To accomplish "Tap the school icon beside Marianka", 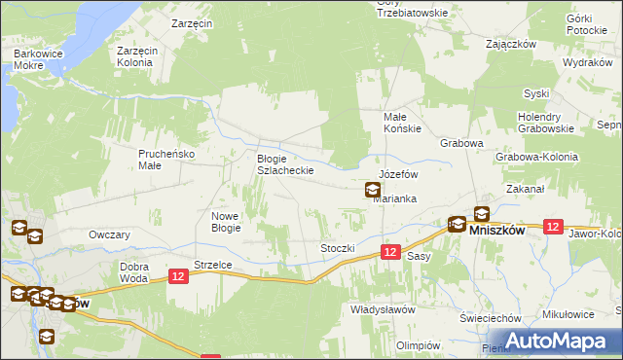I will pyautogui.click(x=373, y=191).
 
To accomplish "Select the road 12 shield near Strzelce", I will pyautogui.click(x=177, y=277).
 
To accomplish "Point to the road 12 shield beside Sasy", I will pyautogui.click(x=389, y=252).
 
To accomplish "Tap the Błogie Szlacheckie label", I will pyautogui.click(x=284, y=164).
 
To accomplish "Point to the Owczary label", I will pyautogui.click(x=109, y=234).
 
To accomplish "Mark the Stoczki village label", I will pyautogui.click(x=338, y=248).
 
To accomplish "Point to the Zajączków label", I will pyautogui.click(x=512, y=44).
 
